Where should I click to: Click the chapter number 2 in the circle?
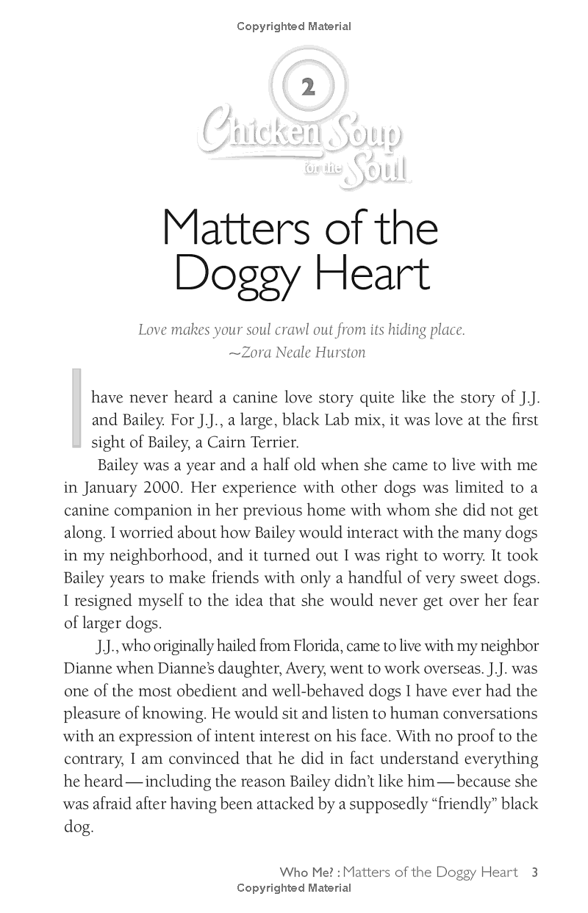(x=309, y=89)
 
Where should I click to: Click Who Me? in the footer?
(x=307, y=873)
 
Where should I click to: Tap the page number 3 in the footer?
(x=535, y=873)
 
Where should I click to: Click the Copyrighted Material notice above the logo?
(x=294, y=26)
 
